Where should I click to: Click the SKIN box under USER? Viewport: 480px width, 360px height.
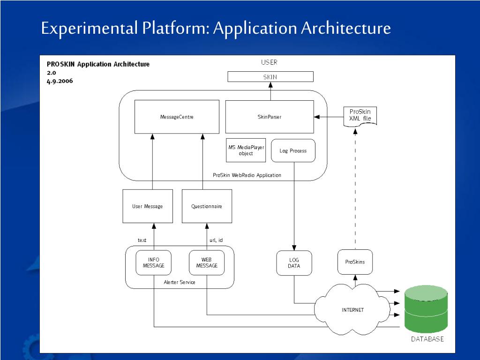click(270, 76)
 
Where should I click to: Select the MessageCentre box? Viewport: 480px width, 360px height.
click(177, 117)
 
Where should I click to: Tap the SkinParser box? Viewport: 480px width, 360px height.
click(270, 117)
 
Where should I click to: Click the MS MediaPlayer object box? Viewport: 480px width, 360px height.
click(246, 150)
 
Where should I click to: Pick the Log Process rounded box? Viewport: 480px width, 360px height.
click(293, 150)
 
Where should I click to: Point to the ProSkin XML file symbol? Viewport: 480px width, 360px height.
click(360, 116)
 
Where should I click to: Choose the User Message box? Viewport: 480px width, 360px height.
click(148, 206)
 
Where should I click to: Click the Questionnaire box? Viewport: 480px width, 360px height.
click(207, 206)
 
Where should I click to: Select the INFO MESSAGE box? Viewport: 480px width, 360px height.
click(154, 262)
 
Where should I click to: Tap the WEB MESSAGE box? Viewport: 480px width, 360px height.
click(207, 262)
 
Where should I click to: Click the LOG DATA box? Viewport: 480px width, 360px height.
click(294, 263)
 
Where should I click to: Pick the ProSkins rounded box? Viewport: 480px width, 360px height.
click(355, 262)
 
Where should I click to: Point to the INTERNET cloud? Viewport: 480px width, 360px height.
click(352, 309)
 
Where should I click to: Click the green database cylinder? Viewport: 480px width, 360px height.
click(426, 309)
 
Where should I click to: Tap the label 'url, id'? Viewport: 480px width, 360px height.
click(216, 240)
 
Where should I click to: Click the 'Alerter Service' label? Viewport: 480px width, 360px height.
click(180, 282)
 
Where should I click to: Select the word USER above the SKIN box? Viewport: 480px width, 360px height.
click(269, 62)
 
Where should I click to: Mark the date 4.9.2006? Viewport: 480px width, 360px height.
click(60, 81)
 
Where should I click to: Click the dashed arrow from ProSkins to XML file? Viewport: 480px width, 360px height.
click(355, 189)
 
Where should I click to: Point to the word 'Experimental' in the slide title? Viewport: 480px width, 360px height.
click(90, 28)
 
